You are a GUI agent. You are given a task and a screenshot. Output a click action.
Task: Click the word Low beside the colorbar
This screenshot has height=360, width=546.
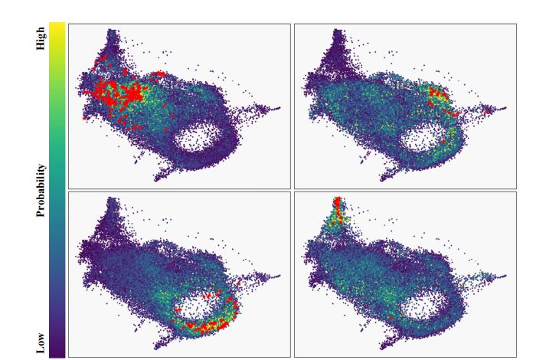[41, 344]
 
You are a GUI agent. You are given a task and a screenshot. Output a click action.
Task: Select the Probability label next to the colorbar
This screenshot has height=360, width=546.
[41, 190]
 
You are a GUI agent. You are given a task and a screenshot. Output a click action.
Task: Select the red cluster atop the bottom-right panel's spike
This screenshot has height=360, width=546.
[337, 205]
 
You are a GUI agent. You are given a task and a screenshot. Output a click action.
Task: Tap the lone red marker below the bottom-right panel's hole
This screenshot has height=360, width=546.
[391, 317]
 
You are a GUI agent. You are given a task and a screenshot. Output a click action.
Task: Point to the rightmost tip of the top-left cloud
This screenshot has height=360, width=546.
[280, 108]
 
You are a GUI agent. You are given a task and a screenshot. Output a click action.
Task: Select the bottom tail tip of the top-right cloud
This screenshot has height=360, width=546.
[381, 180]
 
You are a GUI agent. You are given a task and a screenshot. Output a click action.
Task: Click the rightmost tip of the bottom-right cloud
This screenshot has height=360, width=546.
[505, 277]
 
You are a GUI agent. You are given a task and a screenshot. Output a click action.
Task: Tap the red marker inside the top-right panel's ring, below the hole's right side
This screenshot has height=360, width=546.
[444, 141]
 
